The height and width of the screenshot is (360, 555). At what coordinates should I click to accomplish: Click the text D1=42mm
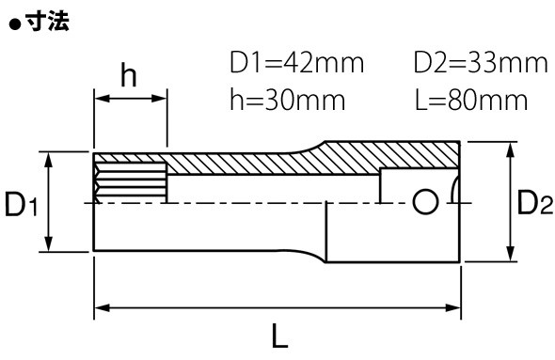296,63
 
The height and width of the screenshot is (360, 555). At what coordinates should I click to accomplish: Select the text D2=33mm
481,63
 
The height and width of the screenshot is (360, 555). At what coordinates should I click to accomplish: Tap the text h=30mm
288,100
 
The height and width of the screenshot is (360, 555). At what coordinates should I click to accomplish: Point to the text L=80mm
471,100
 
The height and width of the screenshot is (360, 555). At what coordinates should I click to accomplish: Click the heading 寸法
47,22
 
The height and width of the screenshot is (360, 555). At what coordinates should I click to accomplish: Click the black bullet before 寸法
16,24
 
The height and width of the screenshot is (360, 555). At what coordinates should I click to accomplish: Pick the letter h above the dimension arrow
129,74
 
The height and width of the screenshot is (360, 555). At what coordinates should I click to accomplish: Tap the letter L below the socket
280,336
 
